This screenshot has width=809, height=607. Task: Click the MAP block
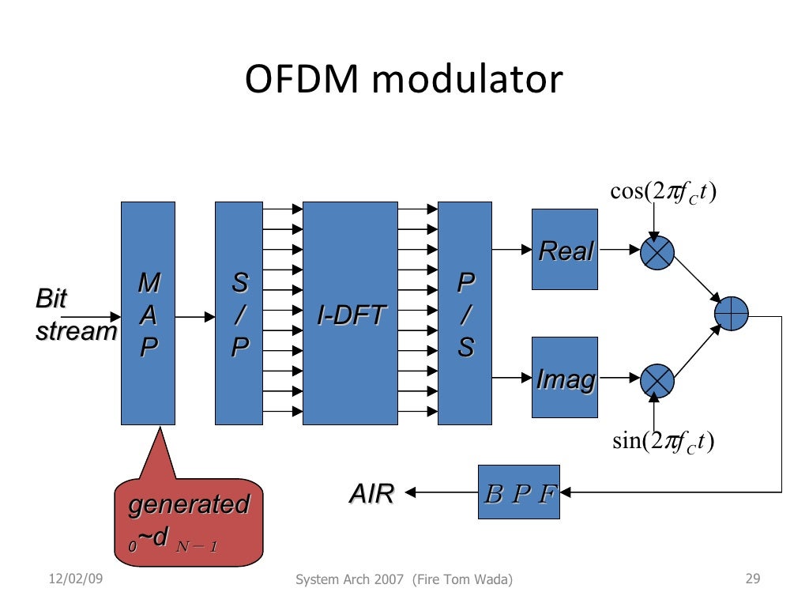(x=148, y=313)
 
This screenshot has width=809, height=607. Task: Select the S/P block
(x=239, y=313)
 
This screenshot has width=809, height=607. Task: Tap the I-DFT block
(x=350, y=313)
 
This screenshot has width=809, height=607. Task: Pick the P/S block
(x=465, y=313)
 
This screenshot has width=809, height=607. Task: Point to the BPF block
(x=518, y=492)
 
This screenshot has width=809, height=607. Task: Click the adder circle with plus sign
(x=731, y=314)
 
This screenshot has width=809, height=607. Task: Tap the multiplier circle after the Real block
(x=657, y=251)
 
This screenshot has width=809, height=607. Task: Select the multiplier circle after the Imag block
(x=657, y=380)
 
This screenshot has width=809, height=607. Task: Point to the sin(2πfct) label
(x=664, y=440)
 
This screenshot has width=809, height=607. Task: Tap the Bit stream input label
(x=75, y=315)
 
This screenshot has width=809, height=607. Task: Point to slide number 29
(x=752, y=580)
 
